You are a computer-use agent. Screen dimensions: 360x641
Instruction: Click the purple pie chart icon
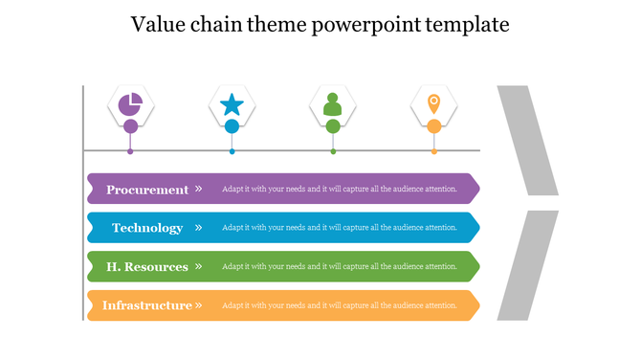pyautogui.click(x=130, y=102)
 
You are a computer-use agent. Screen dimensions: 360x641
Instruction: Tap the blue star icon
pyautogui.click(x=232, y=103)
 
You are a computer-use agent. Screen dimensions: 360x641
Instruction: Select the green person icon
pyautogui.click(x=333, y=102)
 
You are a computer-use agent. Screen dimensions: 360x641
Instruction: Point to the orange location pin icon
pyautogui.click(x=434, y=102)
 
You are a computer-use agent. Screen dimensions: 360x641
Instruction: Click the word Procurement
pyautogui.click(x=147, y=190)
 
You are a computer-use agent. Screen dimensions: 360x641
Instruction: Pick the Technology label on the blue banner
pyautogui.click(x=147, y=228)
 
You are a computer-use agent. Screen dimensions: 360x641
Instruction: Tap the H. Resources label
pyautogui.click(x=147, y=267)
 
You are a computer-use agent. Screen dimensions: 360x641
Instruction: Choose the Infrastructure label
pyautogui.click(x=147, y=305)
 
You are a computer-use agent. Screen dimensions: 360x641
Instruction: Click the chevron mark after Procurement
pyautogui.click(x=199, y=190)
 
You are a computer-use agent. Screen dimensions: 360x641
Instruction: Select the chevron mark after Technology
pyautogui.click(x=199, y=228)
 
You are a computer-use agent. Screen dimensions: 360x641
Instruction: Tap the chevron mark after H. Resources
pyautogui.click(x=199, y=267)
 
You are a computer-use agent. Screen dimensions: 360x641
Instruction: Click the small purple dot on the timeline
pyautogui.click(x=130, y=151)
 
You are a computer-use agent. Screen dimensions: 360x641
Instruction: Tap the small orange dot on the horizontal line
pyautogui.click(x=434, y=151)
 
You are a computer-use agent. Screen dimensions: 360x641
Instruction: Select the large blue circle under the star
pyautogui.click(x=232, y=126)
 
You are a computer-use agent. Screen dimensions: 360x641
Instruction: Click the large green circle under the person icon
pyautogui.click(x=333, y=126)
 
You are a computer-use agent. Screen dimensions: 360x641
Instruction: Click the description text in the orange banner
pyautogui.click(x=340, y=305)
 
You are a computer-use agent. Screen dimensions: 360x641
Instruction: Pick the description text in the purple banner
pyautogui.click(x=340, y=190)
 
